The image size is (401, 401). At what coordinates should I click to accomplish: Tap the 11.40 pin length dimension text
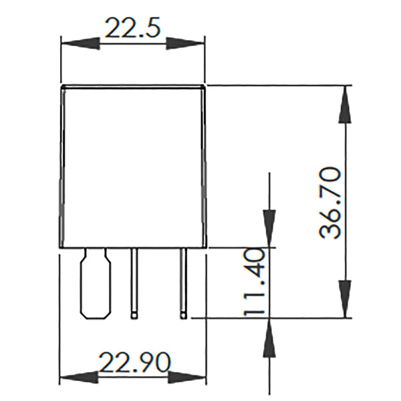point(255,282)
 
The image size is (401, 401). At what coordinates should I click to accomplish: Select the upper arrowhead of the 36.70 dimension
point(345,104)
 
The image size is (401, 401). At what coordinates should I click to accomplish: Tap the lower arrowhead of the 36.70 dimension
point(345,299)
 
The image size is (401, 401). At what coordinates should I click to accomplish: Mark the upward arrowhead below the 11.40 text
point(269,338)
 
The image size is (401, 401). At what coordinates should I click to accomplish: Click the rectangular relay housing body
point(132,167)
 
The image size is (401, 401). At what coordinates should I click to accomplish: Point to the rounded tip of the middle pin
point(135,313)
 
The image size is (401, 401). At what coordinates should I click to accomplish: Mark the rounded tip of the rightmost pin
point(182,313)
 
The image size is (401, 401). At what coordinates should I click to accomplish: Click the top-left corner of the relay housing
point(62,87)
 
